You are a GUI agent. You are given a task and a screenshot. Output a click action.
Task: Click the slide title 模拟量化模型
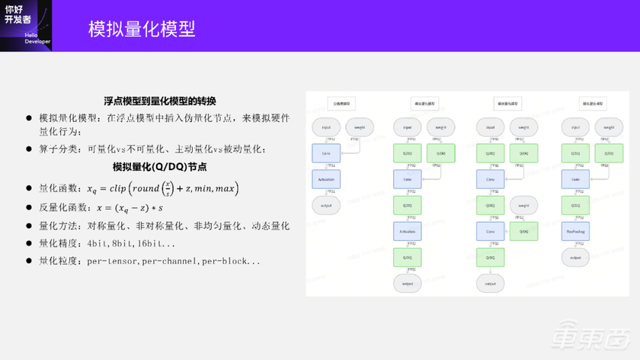[142, 29]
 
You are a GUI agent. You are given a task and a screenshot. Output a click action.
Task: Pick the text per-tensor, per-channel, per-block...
[174, 261]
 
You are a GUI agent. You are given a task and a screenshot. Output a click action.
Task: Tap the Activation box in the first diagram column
[327, 179]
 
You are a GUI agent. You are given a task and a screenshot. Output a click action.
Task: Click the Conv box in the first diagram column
[327, 154]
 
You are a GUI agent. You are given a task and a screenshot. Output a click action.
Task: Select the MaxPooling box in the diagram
[576, 231]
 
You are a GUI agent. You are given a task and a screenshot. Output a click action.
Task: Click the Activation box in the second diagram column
[407, 232]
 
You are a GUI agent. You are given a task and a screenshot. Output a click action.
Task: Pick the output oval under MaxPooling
[576, 258]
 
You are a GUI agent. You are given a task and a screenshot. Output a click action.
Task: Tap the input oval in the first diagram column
[327, 127]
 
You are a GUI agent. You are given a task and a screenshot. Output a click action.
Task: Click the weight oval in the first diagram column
[360, 127]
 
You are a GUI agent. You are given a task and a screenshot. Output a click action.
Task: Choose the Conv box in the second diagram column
[407, 179]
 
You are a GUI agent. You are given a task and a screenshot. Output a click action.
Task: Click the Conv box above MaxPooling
[576, 179]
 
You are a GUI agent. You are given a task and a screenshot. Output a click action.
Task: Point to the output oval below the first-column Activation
[327, 205]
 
